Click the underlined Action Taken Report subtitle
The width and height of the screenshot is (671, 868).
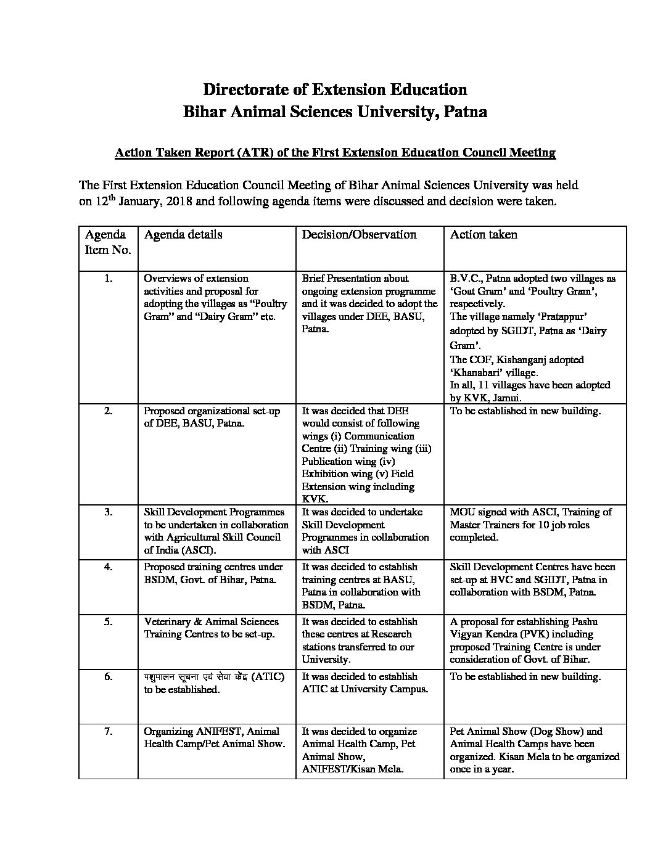(x=335, y=152)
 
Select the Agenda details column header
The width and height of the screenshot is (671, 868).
(x=183, y=234)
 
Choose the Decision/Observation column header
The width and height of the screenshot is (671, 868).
(x=359, y=234)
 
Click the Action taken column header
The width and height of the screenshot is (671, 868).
(x=484, y=234)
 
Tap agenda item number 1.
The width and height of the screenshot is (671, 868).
(x=109, y=278)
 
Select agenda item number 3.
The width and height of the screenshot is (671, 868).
(x=109, y=512)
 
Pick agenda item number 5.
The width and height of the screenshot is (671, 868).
(x=109, y=621)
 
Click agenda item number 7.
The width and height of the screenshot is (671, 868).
(x=109, y=731)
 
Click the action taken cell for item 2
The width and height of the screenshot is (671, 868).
(x=525, y=411)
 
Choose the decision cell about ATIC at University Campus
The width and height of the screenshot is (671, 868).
(x=365, y=682)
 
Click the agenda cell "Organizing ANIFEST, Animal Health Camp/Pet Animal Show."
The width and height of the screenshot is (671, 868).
(x=215, y=737)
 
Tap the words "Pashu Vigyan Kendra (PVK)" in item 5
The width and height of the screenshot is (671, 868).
(x=524, y=628)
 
